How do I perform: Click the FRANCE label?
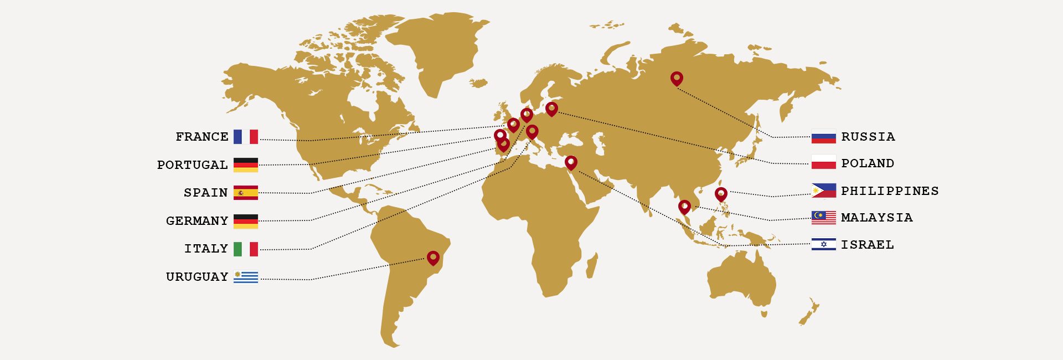pyautogui.click(x=202, y=137)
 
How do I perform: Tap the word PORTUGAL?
pyautogui.click(x=192, y=165)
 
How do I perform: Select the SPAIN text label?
pyautogui.click(x=205, y=193)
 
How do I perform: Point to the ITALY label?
pyautogui.click(x=206, y=249)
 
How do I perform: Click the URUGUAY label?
pyautogui.click(x=197, y=277)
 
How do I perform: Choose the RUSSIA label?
pyautogui.click(x=868, y=137)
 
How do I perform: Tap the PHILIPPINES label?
pyautogui.click(x=890, y=191)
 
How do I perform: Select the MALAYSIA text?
pyautogui.click(x=876, y=218)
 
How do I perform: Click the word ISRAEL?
pyautogui.click(x=867, y=245)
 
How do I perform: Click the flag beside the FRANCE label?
pyautogui.click(x=246, y=137)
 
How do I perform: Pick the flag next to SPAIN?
pyautogui.click(x=246, y=193)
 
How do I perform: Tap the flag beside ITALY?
pyautogui.click(x=246, y=249)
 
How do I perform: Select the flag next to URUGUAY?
pyautogui.click(x=246, y=277)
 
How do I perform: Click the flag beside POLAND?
pyautogui.click(x=823, y=163)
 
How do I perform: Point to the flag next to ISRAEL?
pyautogui.click(x=823, y=245)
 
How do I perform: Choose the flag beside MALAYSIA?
pyautogui.click(x=823, y=218)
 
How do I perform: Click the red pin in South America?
pyautogui.click(x=433, y=258)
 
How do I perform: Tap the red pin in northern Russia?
pyautogui.click(x=677, y=78)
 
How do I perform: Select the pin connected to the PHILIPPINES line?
pyautogui.click(x=721, y=194)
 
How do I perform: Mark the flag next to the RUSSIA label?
pyautogui.click(x=823, y=137)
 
